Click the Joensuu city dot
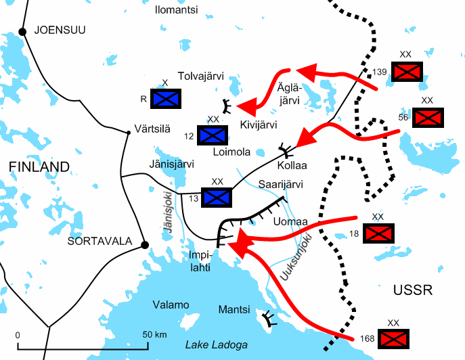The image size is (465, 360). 22,31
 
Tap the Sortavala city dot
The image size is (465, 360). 143,245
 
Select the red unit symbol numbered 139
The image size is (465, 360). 407,71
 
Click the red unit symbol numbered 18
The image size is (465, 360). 378,233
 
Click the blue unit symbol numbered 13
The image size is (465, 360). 217,197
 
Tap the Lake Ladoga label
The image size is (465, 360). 217,344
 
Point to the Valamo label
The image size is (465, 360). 171,305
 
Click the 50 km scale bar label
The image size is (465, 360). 156,335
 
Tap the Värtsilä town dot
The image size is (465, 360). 128,133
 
